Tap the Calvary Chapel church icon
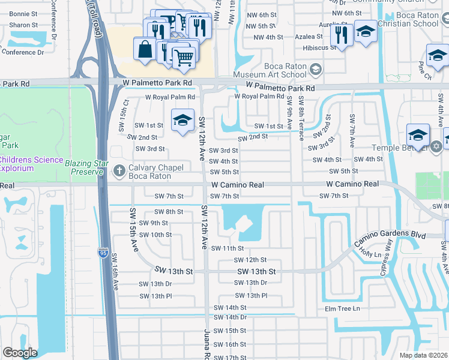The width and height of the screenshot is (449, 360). point(119,171)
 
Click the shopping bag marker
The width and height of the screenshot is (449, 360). point(146,49)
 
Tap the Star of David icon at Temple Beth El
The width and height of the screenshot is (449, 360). point(436,146)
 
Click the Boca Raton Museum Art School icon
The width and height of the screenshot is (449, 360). point(315,70)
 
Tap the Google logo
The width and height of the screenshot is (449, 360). point(20,353)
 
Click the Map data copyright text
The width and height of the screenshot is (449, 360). point(424,355)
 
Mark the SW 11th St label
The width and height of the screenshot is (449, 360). point(229,248)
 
